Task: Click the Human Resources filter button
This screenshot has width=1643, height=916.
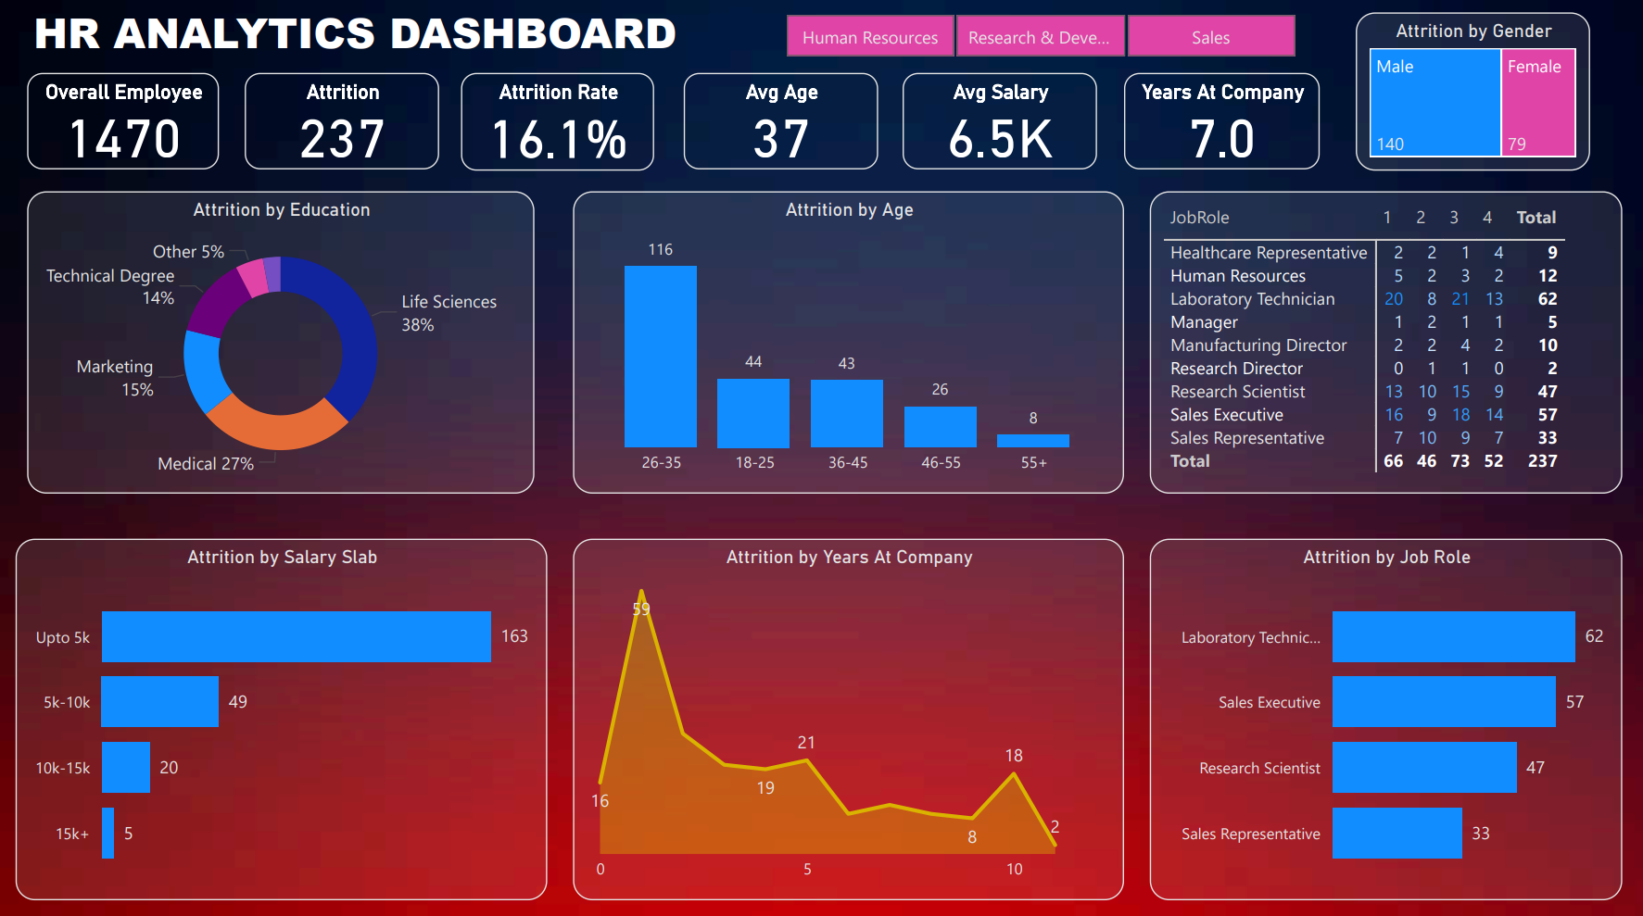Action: pyautogui.click(x=869, y=37)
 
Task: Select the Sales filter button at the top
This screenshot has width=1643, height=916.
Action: pyautogui.click(x=1210, y=37)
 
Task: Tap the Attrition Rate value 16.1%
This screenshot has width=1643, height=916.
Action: pyautogui.click(x=558, y=139)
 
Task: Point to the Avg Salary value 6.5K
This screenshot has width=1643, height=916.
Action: pyautogui.click(x=1000, y=139)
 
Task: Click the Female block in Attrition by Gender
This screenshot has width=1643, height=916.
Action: pyautogui.click(x=1537, y=102)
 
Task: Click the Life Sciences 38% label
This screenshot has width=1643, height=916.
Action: pyautogui.click(x=449, y=313)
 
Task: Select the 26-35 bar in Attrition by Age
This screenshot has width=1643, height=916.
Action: pyautogui.click(x=660, y=357)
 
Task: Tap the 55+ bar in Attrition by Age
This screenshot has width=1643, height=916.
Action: pyautogui.click(x=1032, y=441)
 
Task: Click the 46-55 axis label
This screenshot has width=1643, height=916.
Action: pyautogui.click(x=941, y=462)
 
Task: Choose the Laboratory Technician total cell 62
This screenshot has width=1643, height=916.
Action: pyautogui.click(x=1547, y=299)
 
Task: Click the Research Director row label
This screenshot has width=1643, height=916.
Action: pyautogui.click(x=1236, y=369)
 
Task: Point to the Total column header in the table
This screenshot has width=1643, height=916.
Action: pyautogui.click(x=1536, y=218)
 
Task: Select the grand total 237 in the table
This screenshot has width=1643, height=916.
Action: pyautogui.click(x=1542, y=461)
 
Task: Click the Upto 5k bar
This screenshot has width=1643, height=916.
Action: pyautogui.click(x=296, y=636)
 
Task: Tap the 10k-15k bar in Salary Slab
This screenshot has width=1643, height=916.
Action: pyautogui.click(x=126, y=767)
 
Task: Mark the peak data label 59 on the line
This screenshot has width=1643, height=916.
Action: pyautogui.click(x=641, y=609)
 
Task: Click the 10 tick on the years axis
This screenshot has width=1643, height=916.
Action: pyautogui.click(x=1015, y=869)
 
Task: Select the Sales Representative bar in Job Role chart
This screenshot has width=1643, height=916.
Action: pyautogui.click(x=1397, y=833)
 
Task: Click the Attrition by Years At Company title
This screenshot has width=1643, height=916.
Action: pyautogui.click(x=849, y=557)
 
